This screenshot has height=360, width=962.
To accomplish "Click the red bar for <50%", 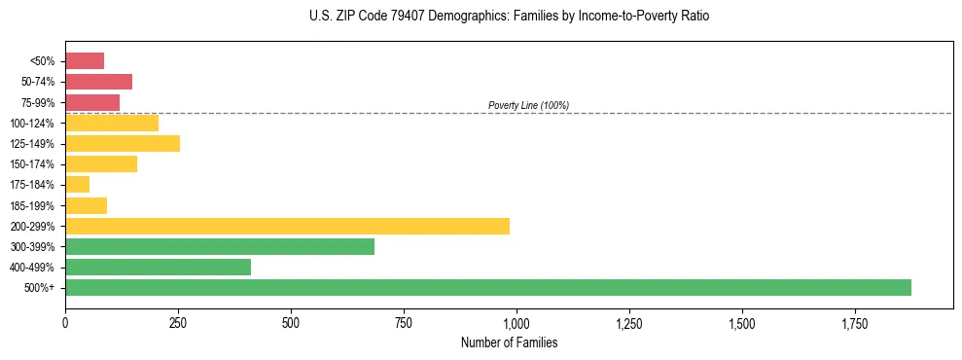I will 85,61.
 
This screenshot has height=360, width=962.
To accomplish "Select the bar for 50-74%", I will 98,82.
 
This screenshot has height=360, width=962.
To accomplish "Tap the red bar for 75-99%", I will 92,102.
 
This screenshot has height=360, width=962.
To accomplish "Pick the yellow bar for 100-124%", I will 112,123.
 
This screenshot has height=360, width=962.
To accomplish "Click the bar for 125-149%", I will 123,144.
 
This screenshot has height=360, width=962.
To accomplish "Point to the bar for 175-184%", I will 78,185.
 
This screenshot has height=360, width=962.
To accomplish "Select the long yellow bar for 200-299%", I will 287,226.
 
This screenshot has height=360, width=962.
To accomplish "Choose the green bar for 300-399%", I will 220,246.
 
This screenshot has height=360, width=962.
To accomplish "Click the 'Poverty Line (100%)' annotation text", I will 528,105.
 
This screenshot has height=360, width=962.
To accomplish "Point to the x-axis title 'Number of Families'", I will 509,342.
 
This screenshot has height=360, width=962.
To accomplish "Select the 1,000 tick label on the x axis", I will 517,323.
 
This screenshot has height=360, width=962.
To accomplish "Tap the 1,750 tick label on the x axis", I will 855,323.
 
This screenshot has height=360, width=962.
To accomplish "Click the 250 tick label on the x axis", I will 178,323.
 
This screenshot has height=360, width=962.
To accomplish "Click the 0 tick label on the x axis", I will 65,323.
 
